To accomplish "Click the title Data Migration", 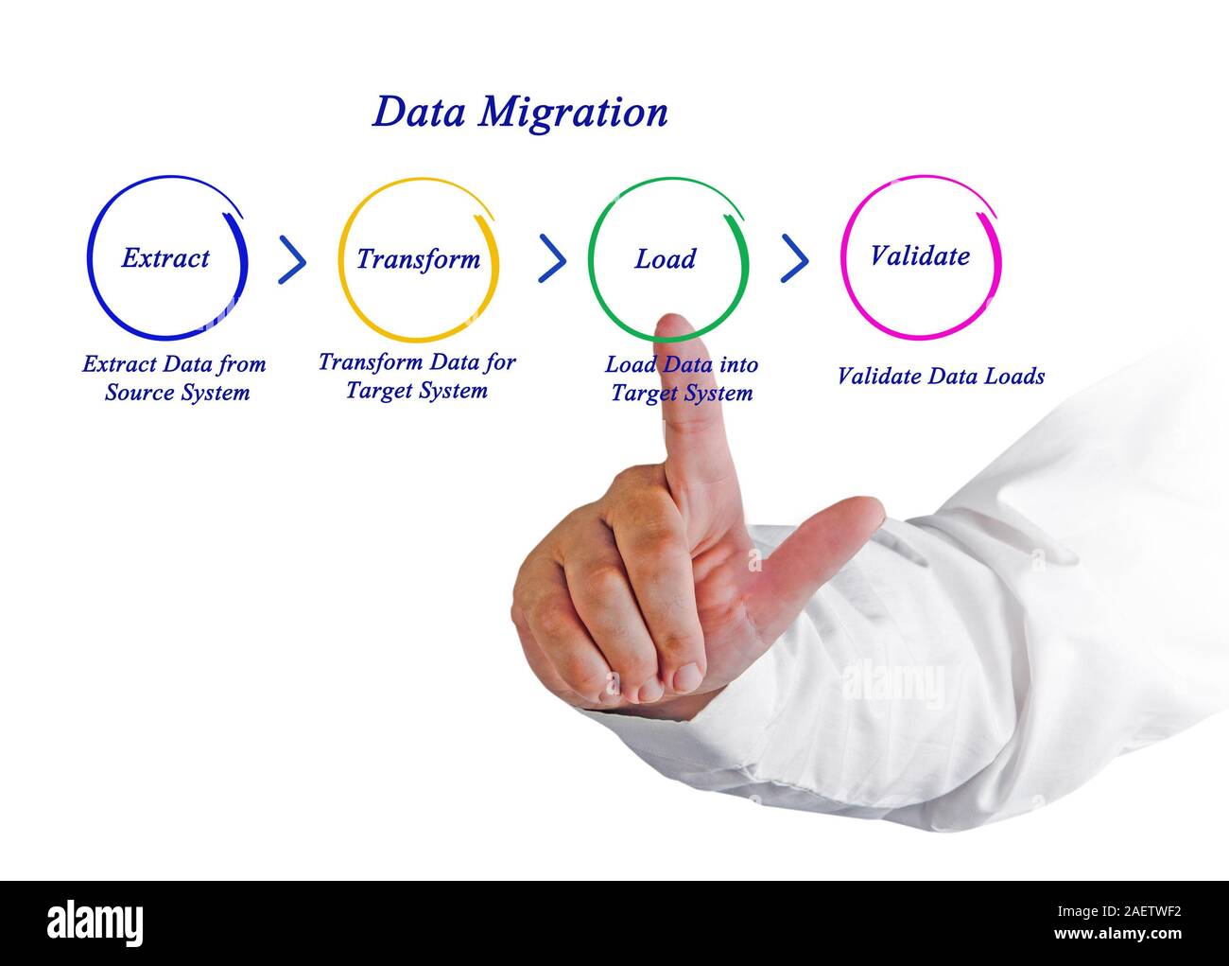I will click(x=520, y=112).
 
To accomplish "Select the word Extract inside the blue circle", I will click(x=165, y=257).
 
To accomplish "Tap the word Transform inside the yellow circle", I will click(x=418, y=258).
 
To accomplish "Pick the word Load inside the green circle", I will click(x=665, y=258).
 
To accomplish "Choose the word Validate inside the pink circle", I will click(x=919, y=255).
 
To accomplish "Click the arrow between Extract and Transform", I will click(x=293, y=259).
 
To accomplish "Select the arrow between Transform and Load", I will click(x=552, y=259).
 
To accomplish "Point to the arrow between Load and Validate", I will click(x=795, y=259).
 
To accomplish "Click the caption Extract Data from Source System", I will click(x=175, y=378).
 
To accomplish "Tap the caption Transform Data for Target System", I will click(x=417, y=376).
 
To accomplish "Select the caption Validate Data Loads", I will click(x=941, y=376).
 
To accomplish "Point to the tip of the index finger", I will click(x=673, y=327).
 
